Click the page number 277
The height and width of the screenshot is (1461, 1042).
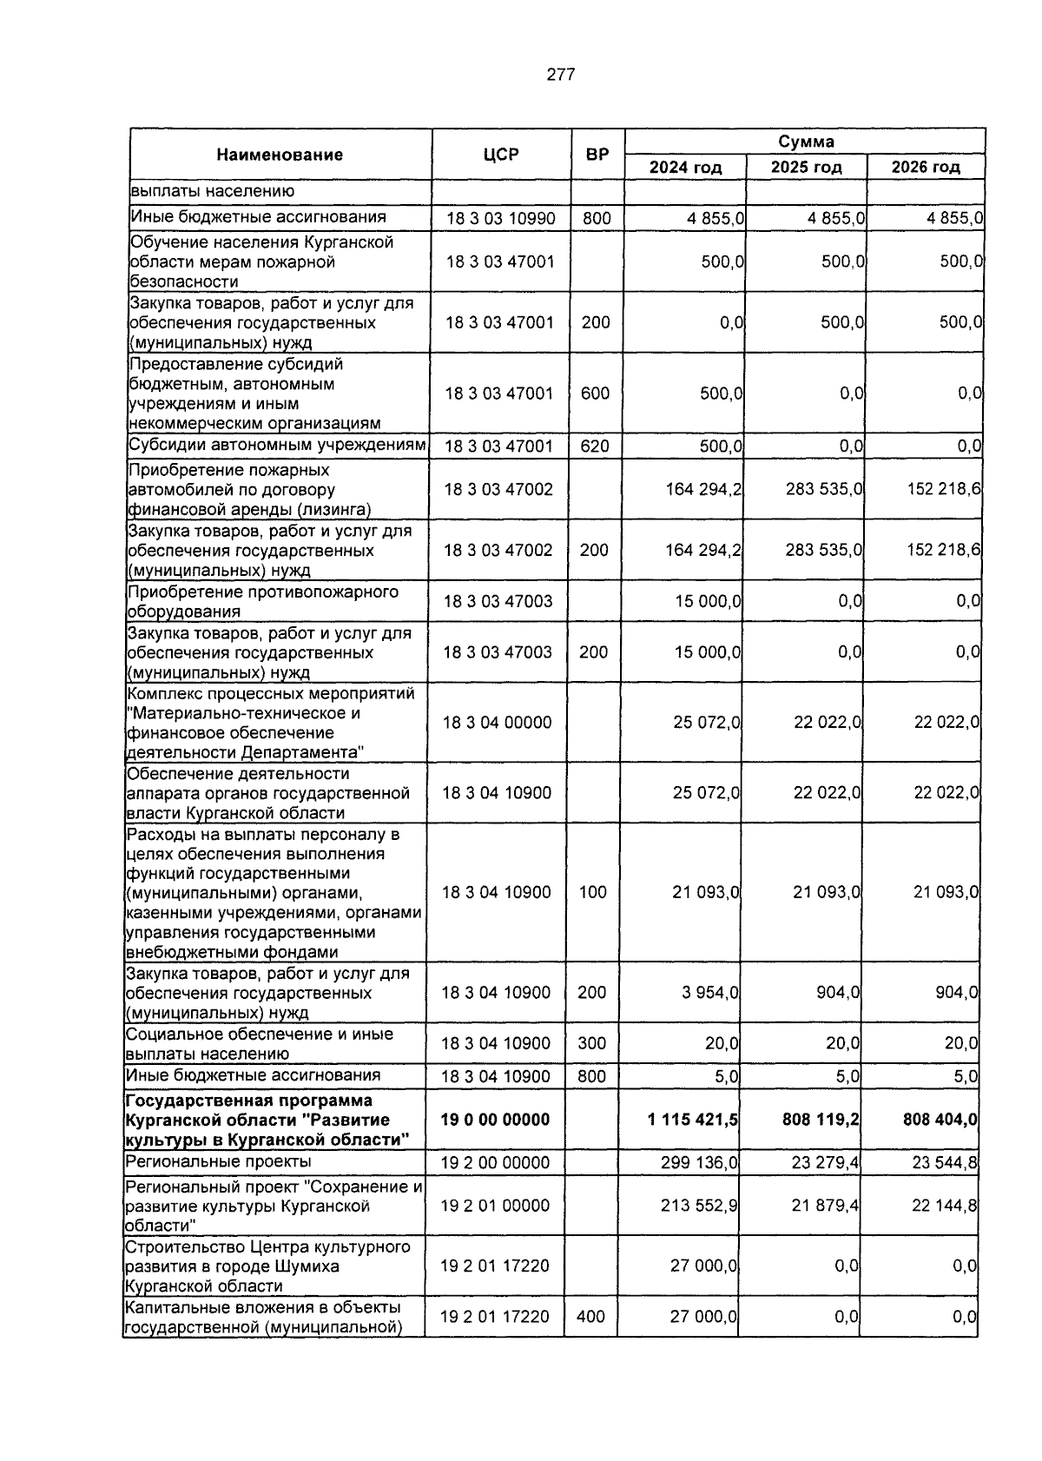(x=560, y=75)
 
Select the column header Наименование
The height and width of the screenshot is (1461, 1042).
(x=280, y=155)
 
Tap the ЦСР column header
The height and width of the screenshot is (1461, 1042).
(x=501, y=155)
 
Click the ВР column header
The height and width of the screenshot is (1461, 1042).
(x=597, y=155)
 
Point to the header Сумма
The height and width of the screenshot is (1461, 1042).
(x=805, y=142)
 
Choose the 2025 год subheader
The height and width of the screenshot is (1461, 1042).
(x=806, y=167)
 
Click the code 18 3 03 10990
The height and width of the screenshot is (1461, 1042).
(x=500, y=218)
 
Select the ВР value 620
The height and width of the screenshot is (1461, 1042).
(x=595, y=446)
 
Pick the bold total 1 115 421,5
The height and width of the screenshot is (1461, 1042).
(x=692, y=1120)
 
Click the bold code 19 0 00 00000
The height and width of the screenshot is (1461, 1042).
(x=495, y=1120)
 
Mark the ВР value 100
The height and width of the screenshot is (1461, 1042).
(x=592, y=892)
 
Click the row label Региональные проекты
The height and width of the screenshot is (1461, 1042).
(x=218, y=1161)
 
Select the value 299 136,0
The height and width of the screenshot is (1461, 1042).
(x=699, y=1162)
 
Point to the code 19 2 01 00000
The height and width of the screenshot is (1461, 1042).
(x=495, y=1206)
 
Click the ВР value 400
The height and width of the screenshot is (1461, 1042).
(x=590, y=1317)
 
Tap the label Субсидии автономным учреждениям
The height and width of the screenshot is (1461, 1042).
(x=277, y=446)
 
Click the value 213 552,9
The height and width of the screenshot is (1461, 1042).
(x=699, y=1206)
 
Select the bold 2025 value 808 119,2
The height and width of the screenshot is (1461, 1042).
(x=821, y=1120)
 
